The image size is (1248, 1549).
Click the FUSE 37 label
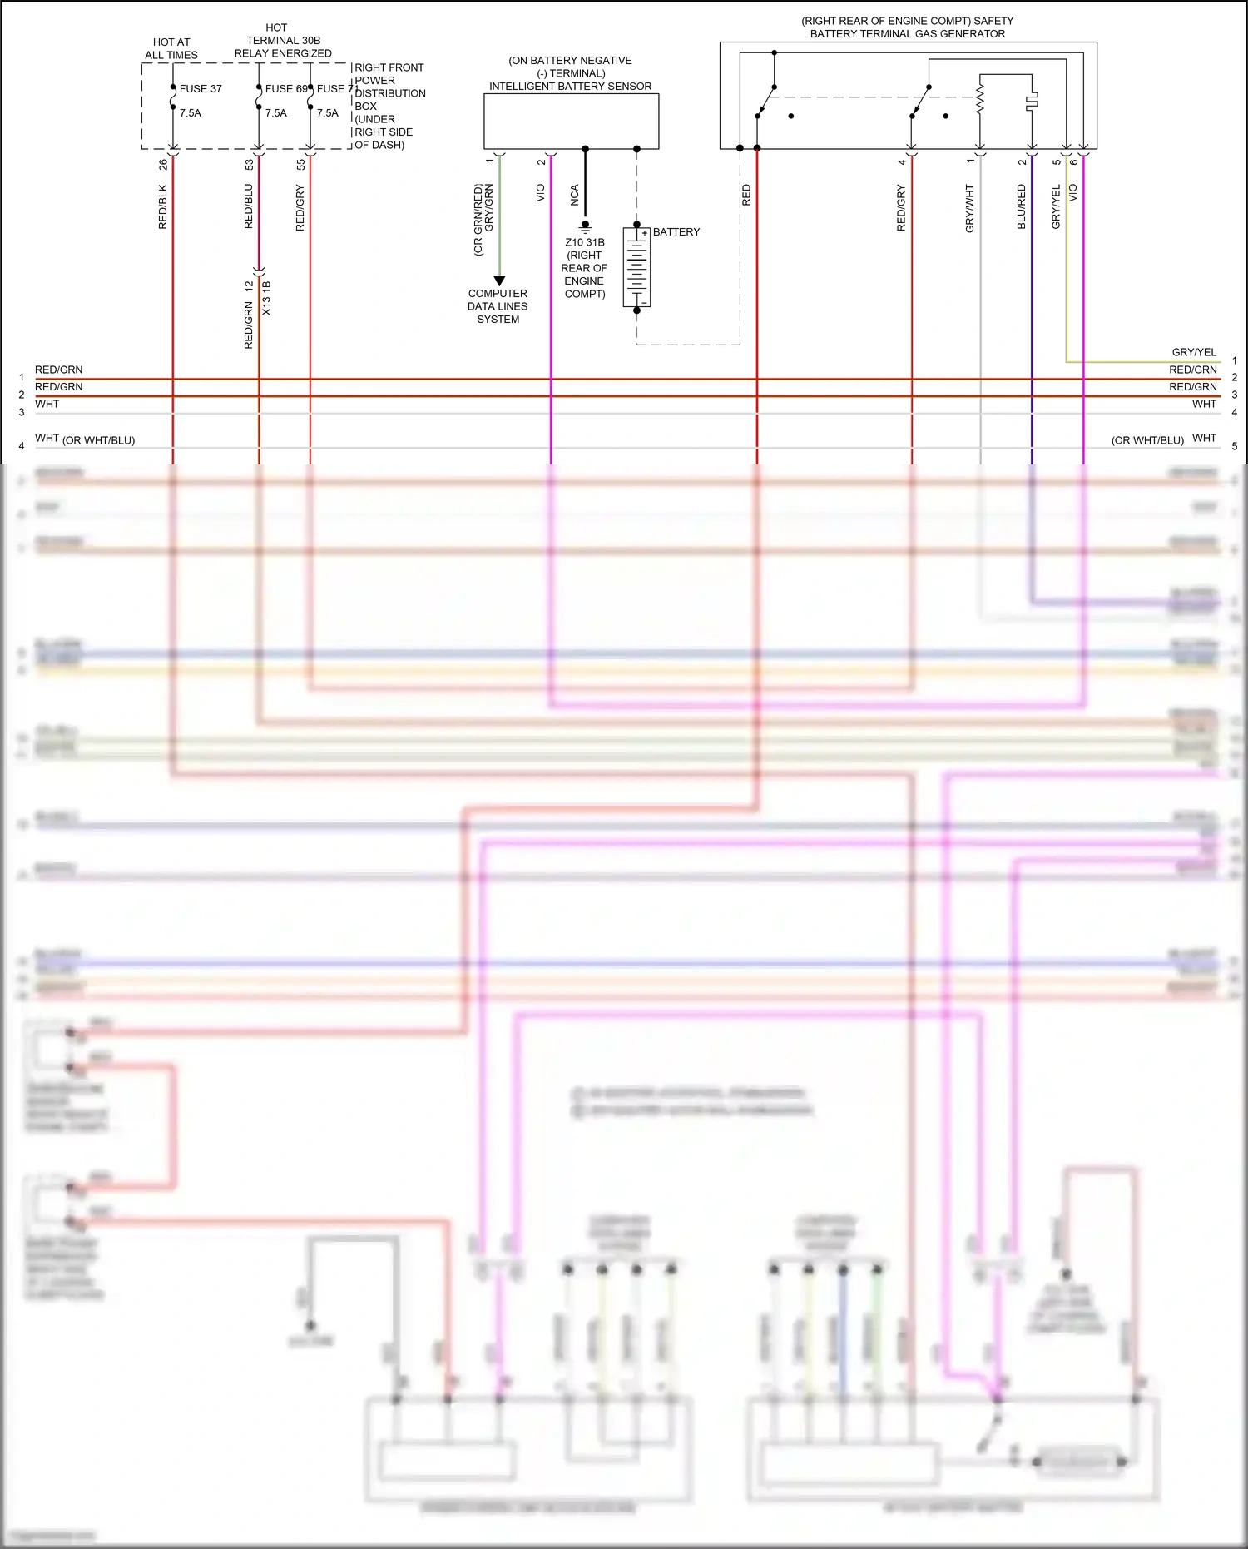point(201,89)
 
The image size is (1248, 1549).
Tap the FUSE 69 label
point(286,89)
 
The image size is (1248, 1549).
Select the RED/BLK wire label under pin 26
point(163,207)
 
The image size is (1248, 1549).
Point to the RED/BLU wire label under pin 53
point(249,207)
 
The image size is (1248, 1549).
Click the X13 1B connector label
point(267,298)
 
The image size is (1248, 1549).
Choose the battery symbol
point(636,268)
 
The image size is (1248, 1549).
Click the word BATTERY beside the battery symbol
point(676,232)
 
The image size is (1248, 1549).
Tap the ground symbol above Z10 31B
point(585,226)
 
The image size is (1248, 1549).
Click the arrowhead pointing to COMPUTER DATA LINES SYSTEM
point(499,281)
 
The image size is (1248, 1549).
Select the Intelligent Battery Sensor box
point(572,122)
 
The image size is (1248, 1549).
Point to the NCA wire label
point(575,196)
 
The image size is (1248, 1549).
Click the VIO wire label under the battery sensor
point(541,193)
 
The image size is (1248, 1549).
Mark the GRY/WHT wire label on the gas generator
point(970,209)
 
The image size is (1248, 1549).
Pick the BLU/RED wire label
point(1022,207)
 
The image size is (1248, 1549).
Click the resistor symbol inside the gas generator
point(980,98)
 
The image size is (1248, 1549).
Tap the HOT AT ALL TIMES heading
point(171,48)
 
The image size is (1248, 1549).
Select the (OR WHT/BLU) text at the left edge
point(98,440)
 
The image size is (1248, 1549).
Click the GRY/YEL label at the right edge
point(1194,352)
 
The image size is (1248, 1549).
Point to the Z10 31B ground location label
point(585,243)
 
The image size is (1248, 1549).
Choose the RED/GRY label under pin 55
point(300,208)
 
